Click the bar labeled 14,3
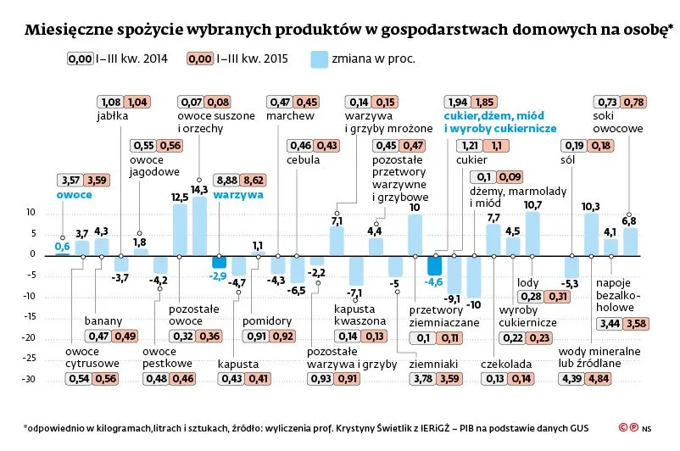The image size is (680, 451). [x=199, y=225]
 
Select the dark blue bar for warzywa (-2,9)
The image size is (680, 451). [x=219, y=261]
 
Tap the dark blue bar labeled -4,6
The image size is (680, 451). [x=434, y=264]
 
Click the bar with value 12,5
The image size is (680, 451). [x=180, y=229]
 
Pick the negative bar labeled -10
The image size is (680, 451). [x=473, y=276]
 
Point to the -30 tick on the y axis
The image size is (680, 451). [x=31, y=379]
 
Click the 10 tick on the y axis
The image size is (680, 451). [x=31, y=212]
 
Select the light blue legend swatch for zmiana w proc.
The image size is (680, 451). [x=319, y=58]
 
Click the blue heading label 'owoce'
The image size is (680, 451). [x=74, y=194]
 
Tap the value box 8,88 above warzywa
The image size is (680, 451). [x=227, y=180]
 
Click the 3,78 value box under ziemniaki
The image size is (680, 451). [x=421, y=378]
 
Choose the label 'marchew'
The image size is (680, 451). [x=290, y=116]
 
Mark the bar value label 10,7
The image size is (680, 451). [x=532, y=204]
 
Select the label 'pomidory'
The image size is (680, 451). [x=267, y=322]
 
